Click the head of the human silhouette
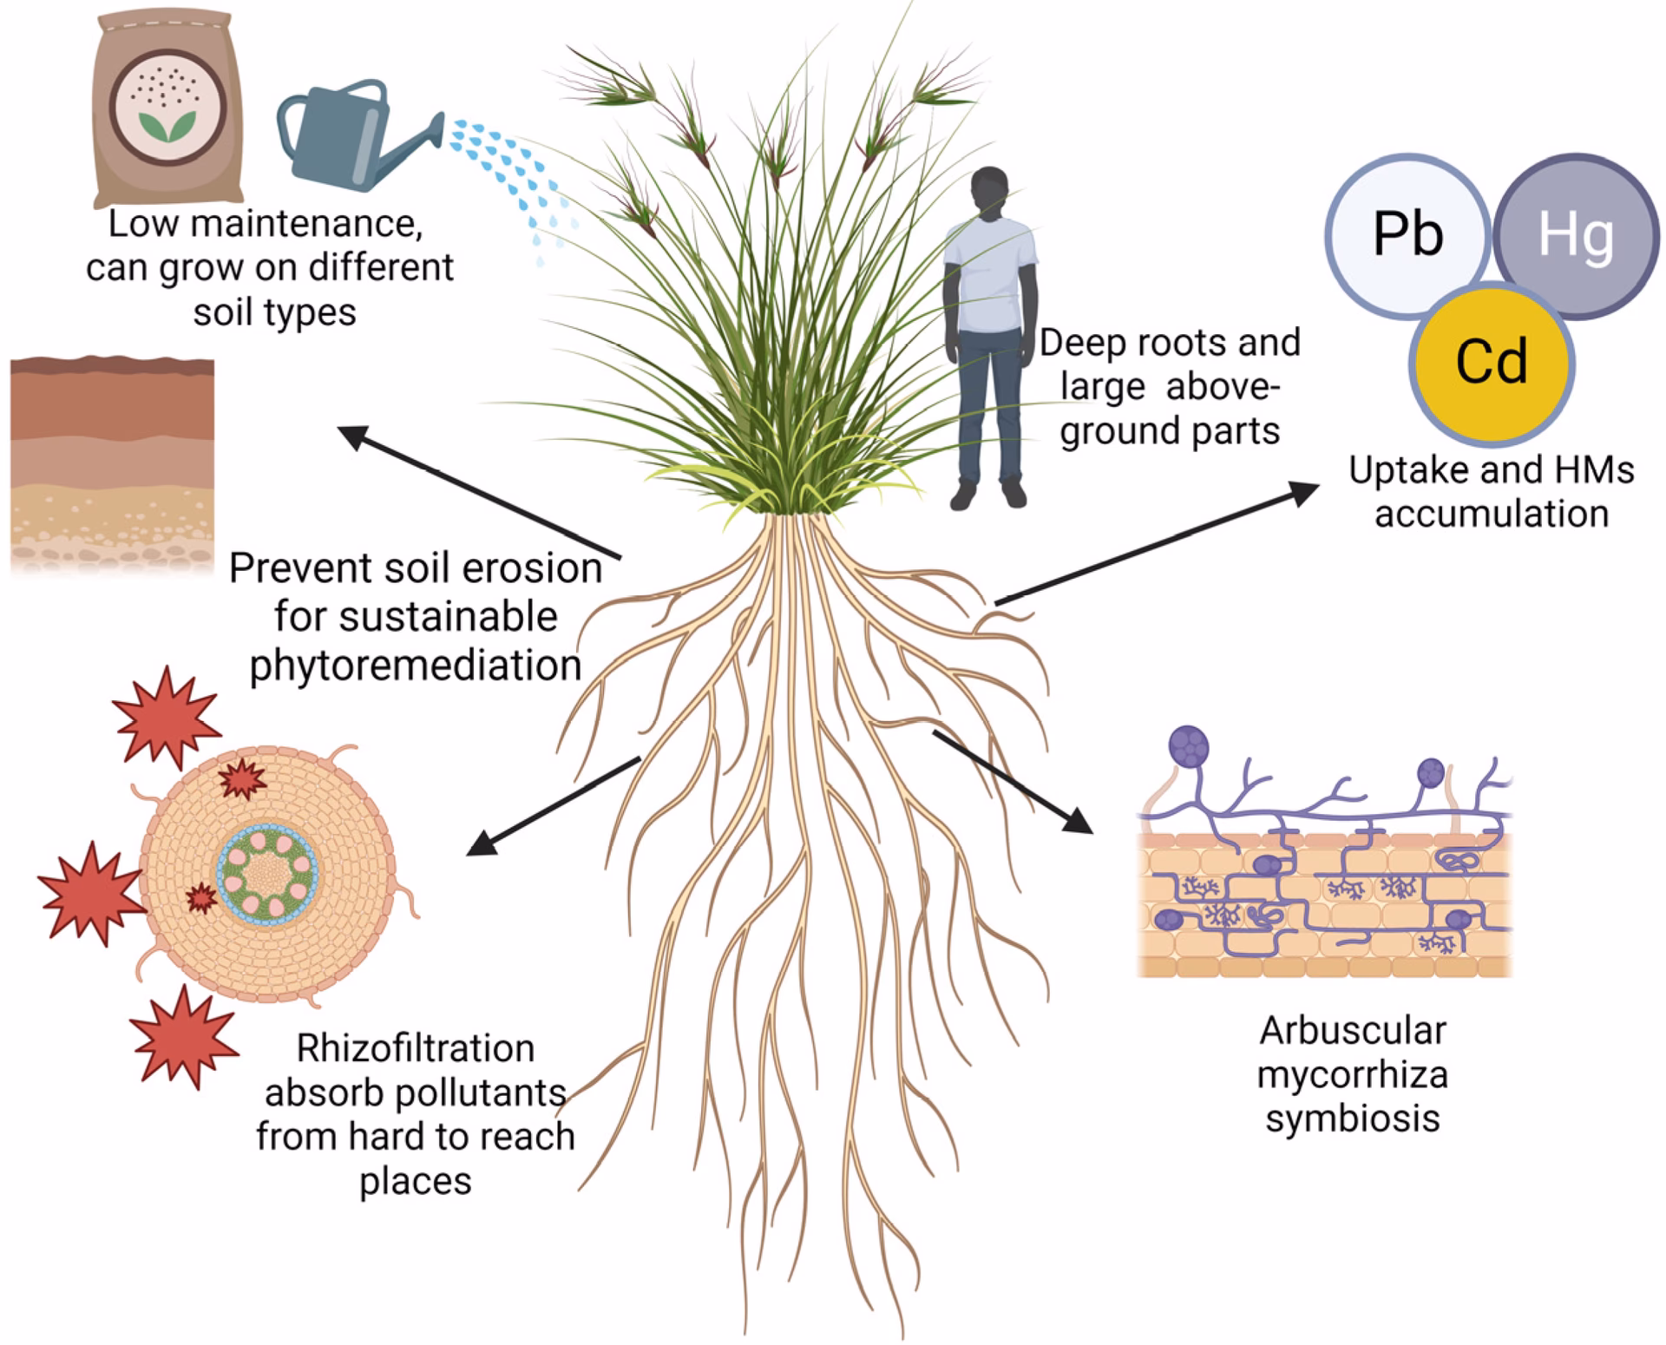click(x=990, y=192)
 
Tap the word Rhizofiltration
click(x=415, y=1048)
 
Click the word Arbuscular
click(x=1353, y=1031)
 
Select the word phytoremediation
click(x=415, y=666)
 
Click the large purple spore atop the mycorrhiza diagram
click(x=1188, y=746)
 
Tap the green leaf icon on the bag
click(x=168, y=126)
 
